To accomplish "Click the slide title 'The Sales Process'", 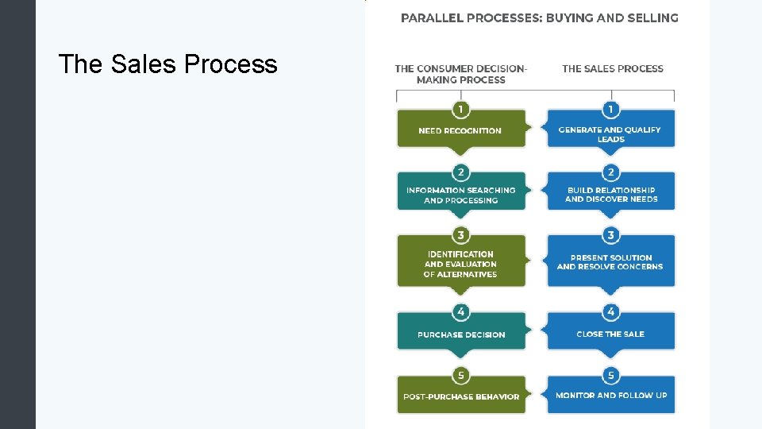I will tap(167, 64).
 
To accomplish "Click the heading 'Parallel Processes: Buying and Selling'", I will tap(539, 17).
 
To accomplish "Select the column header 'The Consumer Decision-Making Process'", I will tap(460, 74).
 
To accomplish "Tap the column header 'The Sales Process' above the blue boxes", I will tap(612, 68).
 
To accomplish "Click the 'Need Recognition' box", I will tap(460, 130).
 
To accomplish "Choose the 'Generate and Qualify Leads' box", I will tap(610, 133).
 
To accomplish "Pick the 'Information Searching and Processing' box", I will tap(460, 195).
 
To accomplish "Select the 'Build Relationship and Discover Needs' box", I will tap(610, 195).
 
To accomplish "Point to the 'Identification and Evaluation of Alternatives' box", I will tap(460, 264).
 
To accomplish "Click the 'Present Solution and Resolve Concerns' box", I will tap(610, 262).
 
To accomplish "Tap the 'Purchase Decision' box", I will tap(461, 334).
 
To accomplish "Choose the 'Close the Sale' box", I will tap(610, 334).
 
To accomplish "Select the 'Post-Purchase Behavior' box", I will tap(461, 396).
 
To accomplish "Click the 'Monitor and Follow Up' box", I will tap(610, 395).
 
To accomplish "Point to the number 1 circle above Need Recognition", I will tap(460, 109).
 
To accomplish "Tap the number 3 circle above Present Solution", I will tap(610, 235).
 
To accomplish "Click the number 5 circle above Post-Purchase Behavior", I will tap(460, 375).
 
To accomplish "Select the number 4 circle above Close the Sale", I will tap(610, 312).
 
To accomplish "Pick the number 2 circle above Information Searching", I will tap(460, 172).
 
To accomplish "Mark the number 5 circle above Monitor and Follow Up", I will tap(610, 375).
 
